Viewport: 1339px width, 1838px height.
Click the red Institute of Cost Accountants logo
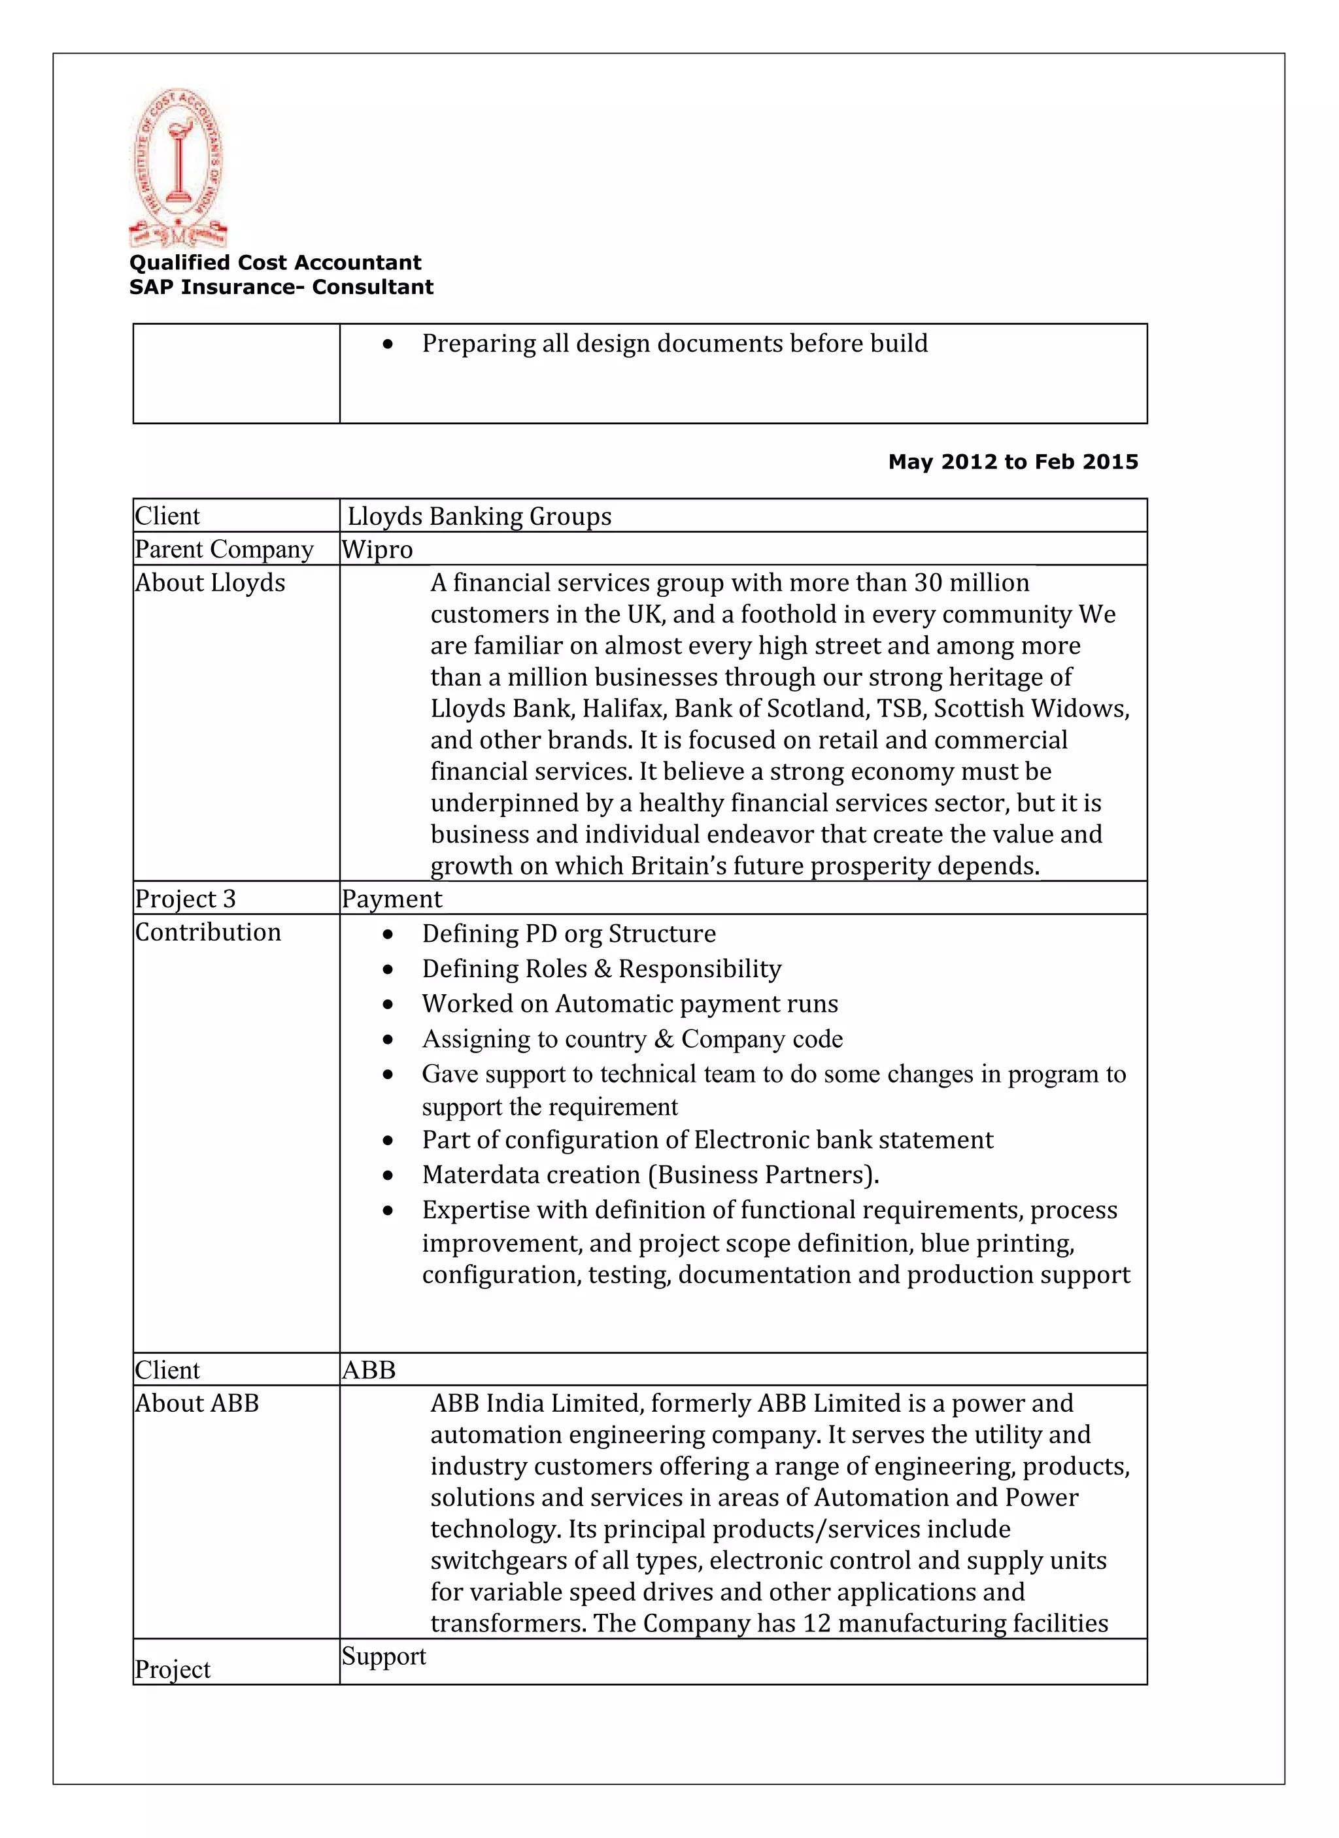tap(178, 168)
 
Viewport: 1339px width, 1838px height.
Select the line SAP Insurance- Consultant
tap(280, 287)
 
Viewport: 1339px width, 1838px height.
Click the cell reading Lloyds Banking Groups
tap(479, 516)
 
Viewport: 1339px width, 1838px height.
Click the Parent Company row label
tap(224, 550)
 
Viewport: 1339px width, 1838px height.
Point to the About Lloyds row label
tap(210, 582)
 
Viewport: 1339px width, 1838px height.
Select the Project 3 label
tap(185, 899)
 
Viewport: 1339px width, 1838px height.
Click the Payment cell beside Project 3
tap(392, 899)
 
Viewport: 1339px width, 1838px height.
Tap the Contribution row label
tap(207, 932)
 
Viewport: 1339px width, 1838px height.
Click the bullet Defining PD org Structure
tap(568, 933)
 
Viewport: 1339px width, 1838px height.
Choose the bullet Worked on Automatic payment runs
tap(629, 1004)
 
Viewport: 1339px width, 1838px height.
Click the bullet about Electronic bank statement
tap(707, 1140)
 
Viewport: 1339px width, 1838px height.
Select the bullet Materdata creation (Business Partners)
tap(650, 1175)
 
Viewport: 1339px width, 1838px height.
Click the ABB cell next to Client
tap(369, 1371)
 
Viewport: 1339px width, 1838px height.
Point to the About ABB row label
tap(197, 1403)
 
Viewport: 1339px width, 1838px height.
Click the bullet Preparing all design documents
tap(674, 344)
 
